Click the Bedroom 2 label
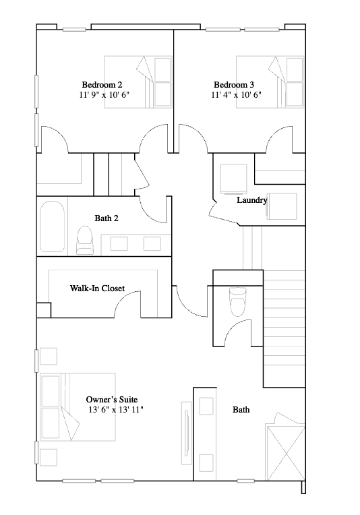[x=102, y=85]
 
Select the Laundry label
[x=251, y=200]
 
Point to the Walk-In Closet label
[x=97, y=289]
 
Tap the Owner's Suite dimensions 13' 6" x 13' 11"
[x=115, y=410]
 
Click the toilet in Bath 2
[x=84, y=240]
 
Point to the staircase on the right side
[x=283, y=324]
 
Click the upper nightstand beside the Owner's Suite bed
[x=48, y=355]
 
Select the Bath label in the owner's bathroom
[x=241, y=409]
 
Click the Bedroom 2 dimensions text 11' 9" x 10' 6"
[x=103, y=96]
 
